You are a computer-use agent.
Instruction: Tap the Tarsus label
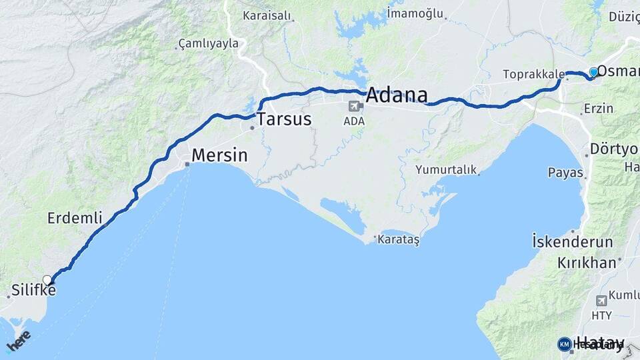[284, 119]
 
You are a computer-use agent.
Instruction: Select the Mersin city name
[219, 155]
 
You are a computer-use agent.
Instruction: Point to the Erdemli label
[75, 217]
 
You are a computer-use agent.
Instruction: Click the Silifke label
[33, 290]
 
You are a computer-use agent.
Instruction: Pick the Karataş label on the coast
[399, 239]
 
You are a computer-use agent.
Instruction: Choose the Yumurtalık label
[446, 170]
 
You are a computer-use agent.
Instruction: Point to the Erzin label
[598, 108]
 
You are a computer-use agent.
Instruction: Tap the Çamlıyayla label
[208, 44]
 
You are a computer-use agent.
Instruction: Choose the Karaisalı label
[267, 15]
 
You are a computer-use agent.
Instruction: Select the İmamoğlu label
[415, 12]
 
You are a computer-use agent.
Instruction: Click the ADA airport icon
[354, 106]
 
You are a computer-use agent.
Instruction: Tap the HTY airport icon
[601, 301]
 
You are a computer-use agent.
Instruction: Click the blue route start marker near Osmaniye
[593, 72]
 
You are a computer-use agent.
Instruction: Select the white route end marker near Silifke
[47, 279]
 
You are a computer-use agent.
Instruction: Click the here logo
[19, 339]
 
